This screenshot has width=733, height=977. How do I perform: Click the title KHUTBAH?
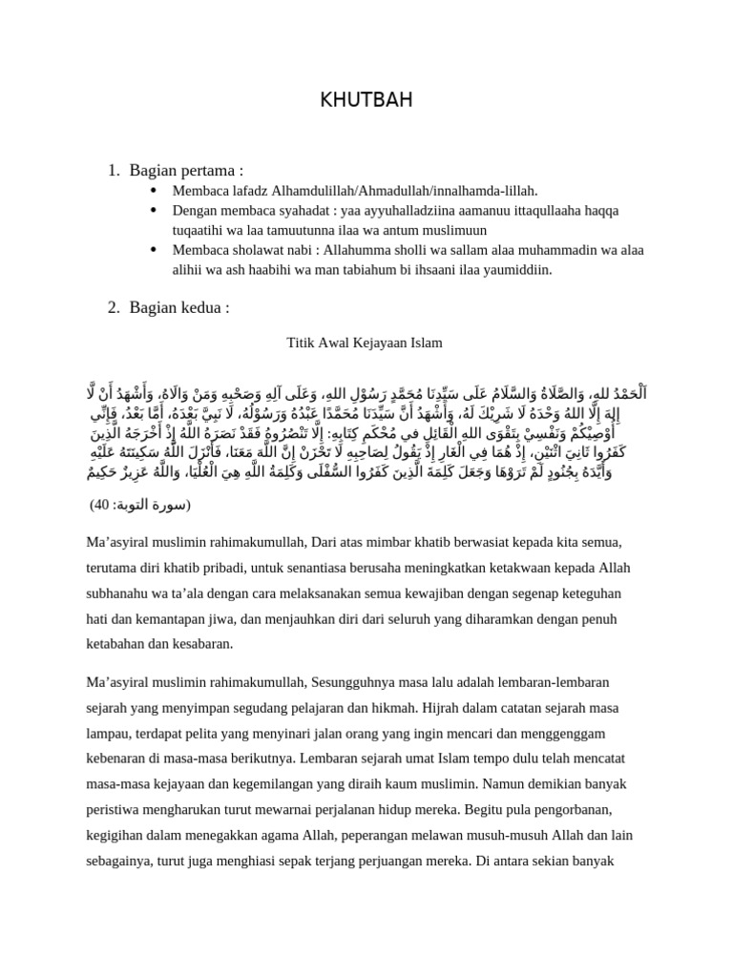point(366,101)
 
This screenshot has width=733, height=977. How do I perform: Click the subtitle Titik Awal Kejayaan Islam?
point(365,342)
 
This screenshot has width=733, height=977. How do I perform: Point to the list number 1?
point(113,170)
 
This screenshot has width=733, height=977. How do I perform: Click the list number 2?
point(113,306)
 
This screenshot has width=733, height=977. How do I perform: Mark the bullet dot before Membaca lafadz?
point(154,191)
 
